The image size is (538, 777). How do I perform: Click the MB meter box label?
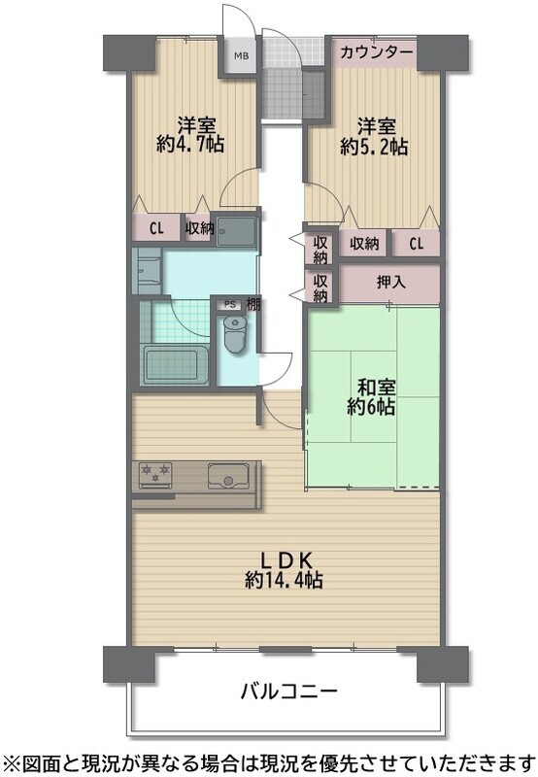click(x=241, y=55)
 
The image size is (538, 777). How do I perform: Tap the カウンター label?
click(x=377, y=51)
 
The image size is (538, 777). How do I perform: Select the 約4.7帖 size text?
click(x=190, y=144)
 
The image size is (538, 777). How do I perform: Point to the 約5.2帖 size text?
click(x=374, y=147)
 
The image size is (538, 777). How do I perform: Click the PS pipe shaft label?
click(x=230, y=305)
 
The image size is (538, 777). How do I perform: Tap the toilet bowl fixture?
click(x=235, y=333)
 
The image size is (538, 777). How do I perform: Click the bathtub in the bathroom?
click(x=176, y=365)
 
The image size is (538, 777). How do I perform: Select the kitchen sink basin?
click(x=228, y=476)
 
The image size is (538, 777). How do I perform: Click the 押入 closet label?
click(x=391, y=283)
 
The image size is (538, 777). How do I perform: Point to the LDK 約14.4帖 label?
click(x=284, y=571)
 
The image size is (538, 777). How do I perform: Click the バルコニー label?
click(x=289, y=691)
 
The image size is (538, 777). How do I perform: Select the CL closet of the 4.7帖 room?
click(x=156, y=228)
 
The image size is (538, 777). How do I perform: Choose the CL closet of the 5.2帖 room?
click(x=417, y=244)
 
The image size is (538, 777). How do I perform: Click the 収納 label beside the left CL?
click(x=199, y=228)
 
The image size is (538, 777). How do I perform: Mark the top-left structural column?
click(x=129, y=52)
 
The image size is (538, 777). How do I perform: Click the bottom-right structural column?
click(x=443, y=664)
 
